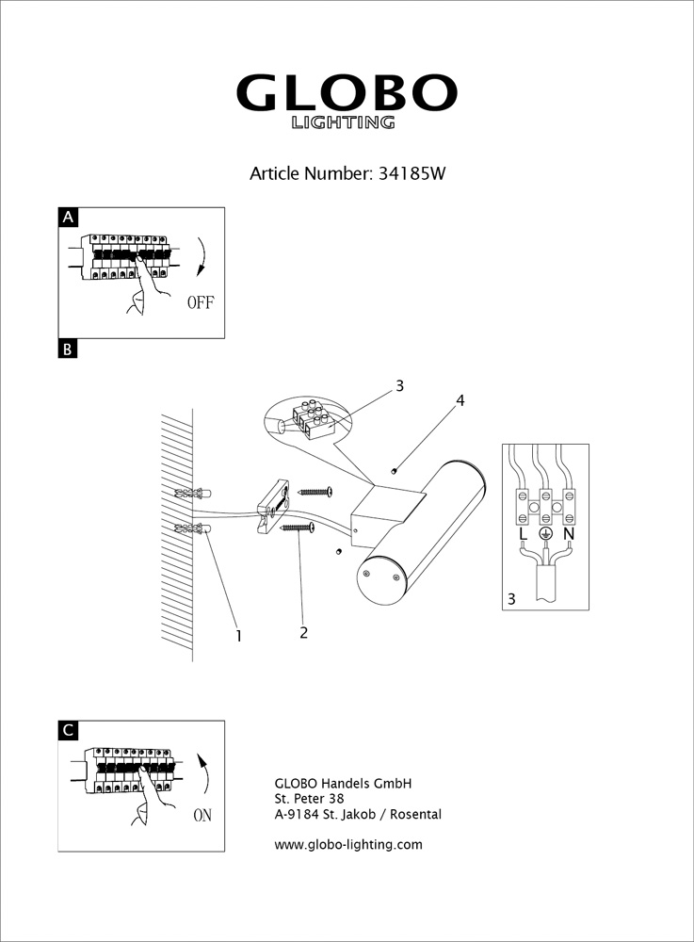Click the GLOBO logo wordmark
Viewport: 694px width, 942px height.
tap(346, 93)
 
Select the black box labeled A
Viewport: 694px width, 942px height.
tap(67, 218)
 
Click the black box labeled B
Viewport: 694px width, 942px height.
tap(67, 349)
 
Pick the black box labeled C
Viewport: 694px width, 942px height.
tap(67, 730)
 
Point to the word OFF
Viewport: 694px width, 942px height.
tap(202, 302)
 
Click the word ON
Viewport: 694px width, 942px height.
tap(202, 816)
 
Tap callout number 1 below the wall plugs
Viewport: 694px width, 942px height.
tap(238, 636)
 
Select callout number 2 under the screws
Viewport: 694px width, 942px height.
tap(303, 632)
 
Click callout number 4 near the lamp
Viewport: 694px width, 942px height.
tap(460, 400)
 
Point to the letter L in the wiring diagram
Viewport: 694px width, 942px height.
tap(523, 534)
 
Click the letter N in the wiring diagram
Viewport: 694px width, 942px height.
tap(568, 534)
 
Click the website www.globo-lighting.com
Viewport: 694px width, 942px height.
tap(347, 844)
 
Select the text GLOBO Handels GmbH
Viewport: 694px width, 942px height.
tap(343, 783)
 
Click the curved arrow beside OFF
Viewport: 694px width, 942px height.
tap(202, 257)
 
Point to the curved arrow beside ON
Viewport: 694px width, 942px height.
tap(204, 770)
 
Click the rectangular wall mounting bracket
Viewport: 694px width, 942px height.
tap(271, 507)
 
